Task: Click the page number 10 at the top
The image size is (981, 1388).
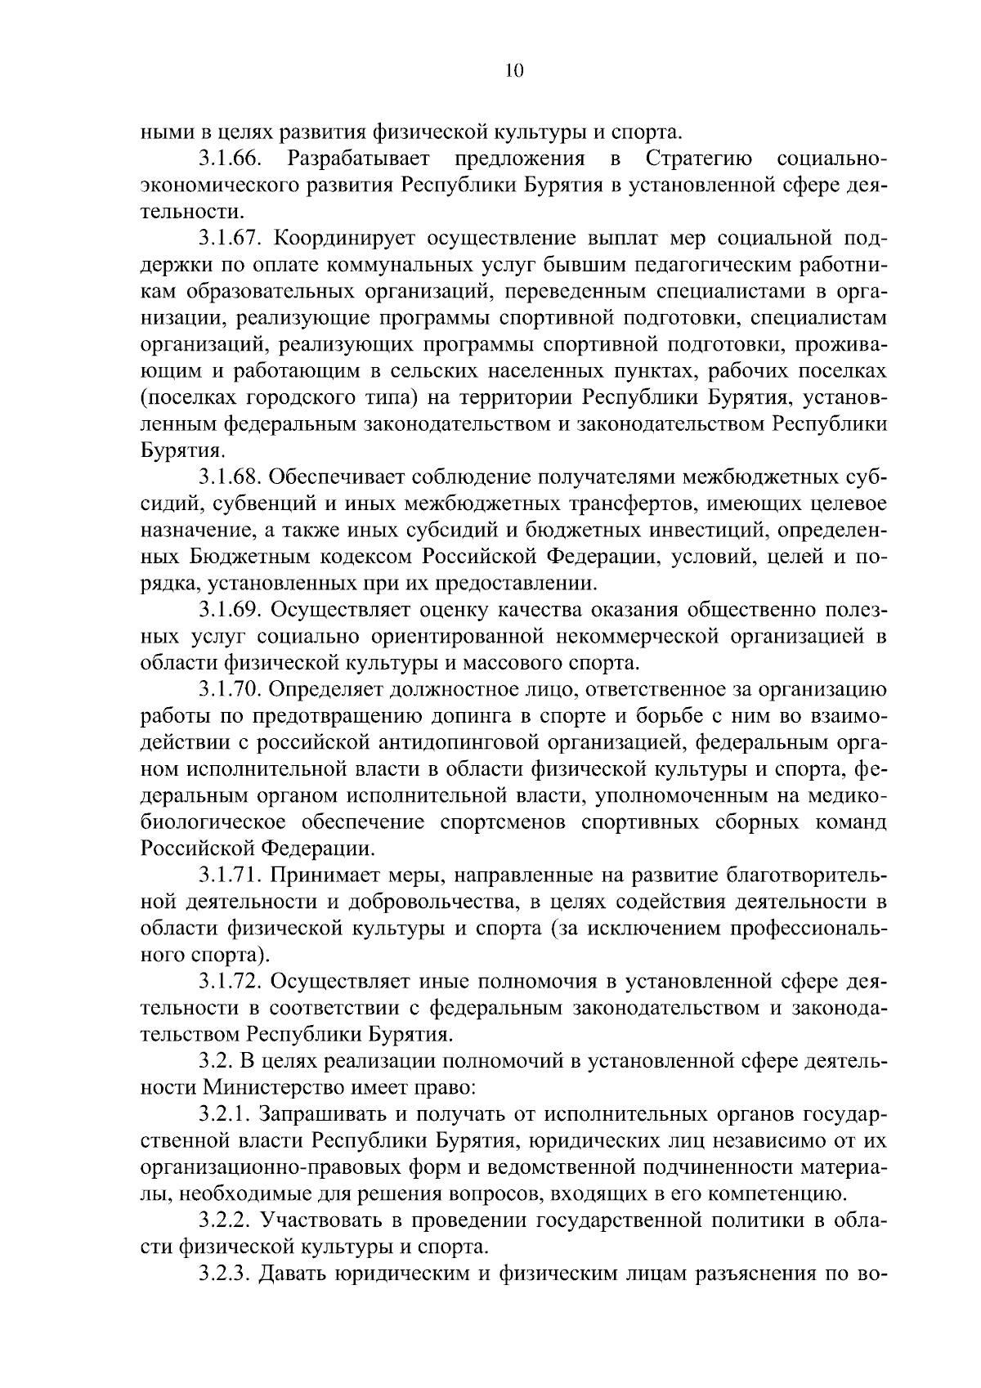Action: tap(513, 70)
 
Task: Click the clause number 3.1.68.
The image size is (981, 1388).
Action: tap(230, 477)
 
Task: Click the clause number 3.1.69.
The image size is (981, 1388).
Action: tap(230, 610)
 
